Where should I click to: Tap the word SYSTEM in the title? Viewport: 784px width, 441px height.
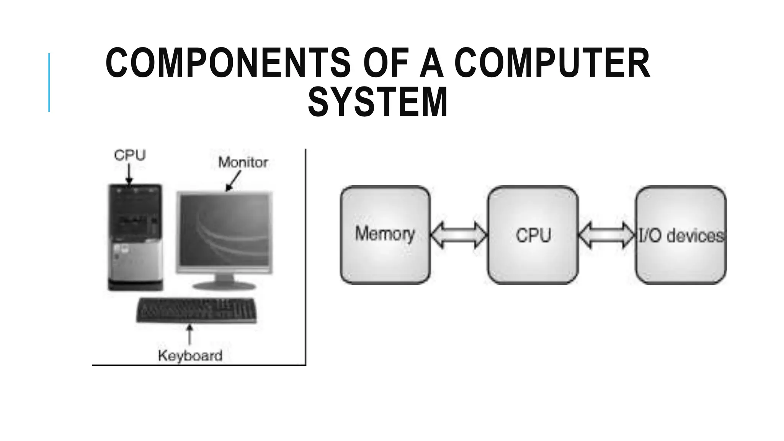[x=377, y=102]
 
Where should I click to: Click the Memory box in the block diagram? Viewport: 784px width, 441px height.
[x=385, y=235]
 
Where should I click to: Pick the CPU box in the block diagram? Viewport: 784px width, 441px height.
[x=533, y=235]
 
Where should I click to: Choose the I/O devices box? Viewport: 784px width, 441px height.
[x=681, y=235]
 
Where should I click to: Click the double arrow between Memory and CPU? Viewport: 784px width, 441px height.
[x=459, y=235]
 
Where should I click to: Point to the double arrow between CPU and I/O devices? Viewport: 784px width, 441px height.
[x=607, y=235]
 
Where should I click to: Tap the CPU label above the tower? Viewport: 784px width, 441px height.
[x=130, y=155]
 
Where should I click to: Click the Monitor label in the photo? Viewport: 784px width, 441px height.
[x=243, y=162]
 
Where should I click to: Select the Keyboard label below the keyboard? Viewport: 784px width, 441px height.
[x=190, y=356]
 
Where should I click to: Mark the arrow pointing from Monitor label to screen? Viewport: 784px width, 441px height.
[x=234, y=181]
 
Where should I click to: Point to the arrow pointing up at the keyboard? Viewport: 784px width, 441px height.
[x=189, y=335]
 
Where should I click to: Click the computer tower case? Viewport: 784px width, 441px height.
[x=135, y=237]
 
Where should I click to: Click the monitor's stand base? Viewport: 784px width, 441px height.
[x=224, y=286]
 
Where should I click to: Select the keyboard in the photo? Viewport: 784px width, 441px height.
[x=196, y=310]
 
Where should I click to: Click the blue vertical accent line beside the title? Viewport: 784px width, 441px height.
[x=49, y=82]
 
